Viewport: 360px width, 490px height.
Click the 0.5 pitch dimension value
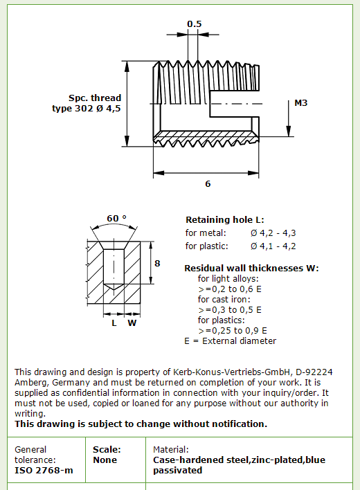pyautogui.click(x=195, y=24)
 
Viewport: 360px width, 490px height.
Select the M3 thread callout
pyautogui.click(x=301, y=103)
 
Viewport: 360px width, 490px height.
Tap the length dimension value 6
pyautogui.click(x=208, y=184)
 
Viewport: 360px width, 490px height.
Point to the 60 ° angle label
pyautogui.click(x=116, y=218)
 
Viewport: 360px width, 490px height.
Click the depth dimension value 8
pyautogui.click(x=157, y=264)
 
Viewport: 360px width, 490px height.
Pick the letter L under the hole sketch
pyautogui.click(x=114, y=323)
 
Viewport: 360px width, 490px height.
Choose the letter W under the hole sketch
pyautogui.click(x=132, y=323)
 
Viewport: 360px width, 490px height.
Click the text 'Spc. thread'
pyautogui.click(x=95, y=98)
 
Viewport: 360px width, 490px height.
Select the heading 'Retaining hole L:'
pyautogui.click(x=225, y=219)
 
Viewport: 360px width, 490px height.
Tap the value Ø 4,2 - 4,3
pyautogui.click(x=273, y=233)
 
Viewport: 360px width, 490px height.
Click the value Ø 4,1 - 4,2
pyautogui.click(x=273, y=246)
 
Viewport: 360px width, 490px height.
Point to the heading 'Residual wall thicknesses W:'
pyautogui.click(x=251, y=268)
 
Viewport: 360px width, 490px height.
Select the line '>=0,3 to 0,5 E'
pyautogui.click(x=230, y=310)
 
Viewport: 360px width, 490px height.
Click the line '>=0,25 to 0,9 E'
pyautogui.click(x=233, y=331)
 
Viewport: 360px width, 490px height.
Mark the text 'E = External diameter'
pyautogui.click(x=231, y=341)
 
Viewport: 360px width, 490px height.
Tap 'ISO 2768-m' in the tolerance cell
pyautogui.click(x=44, y=471)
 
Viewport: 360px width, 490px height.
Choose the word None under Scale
pyautogui.click(x=105, y=460)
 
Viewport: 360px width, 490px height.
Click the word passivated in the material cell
pyautogui.click(x=177, y=471)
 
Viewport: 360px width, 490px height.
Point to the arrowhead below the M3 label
pyautogui.click(x=289, y=131)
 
